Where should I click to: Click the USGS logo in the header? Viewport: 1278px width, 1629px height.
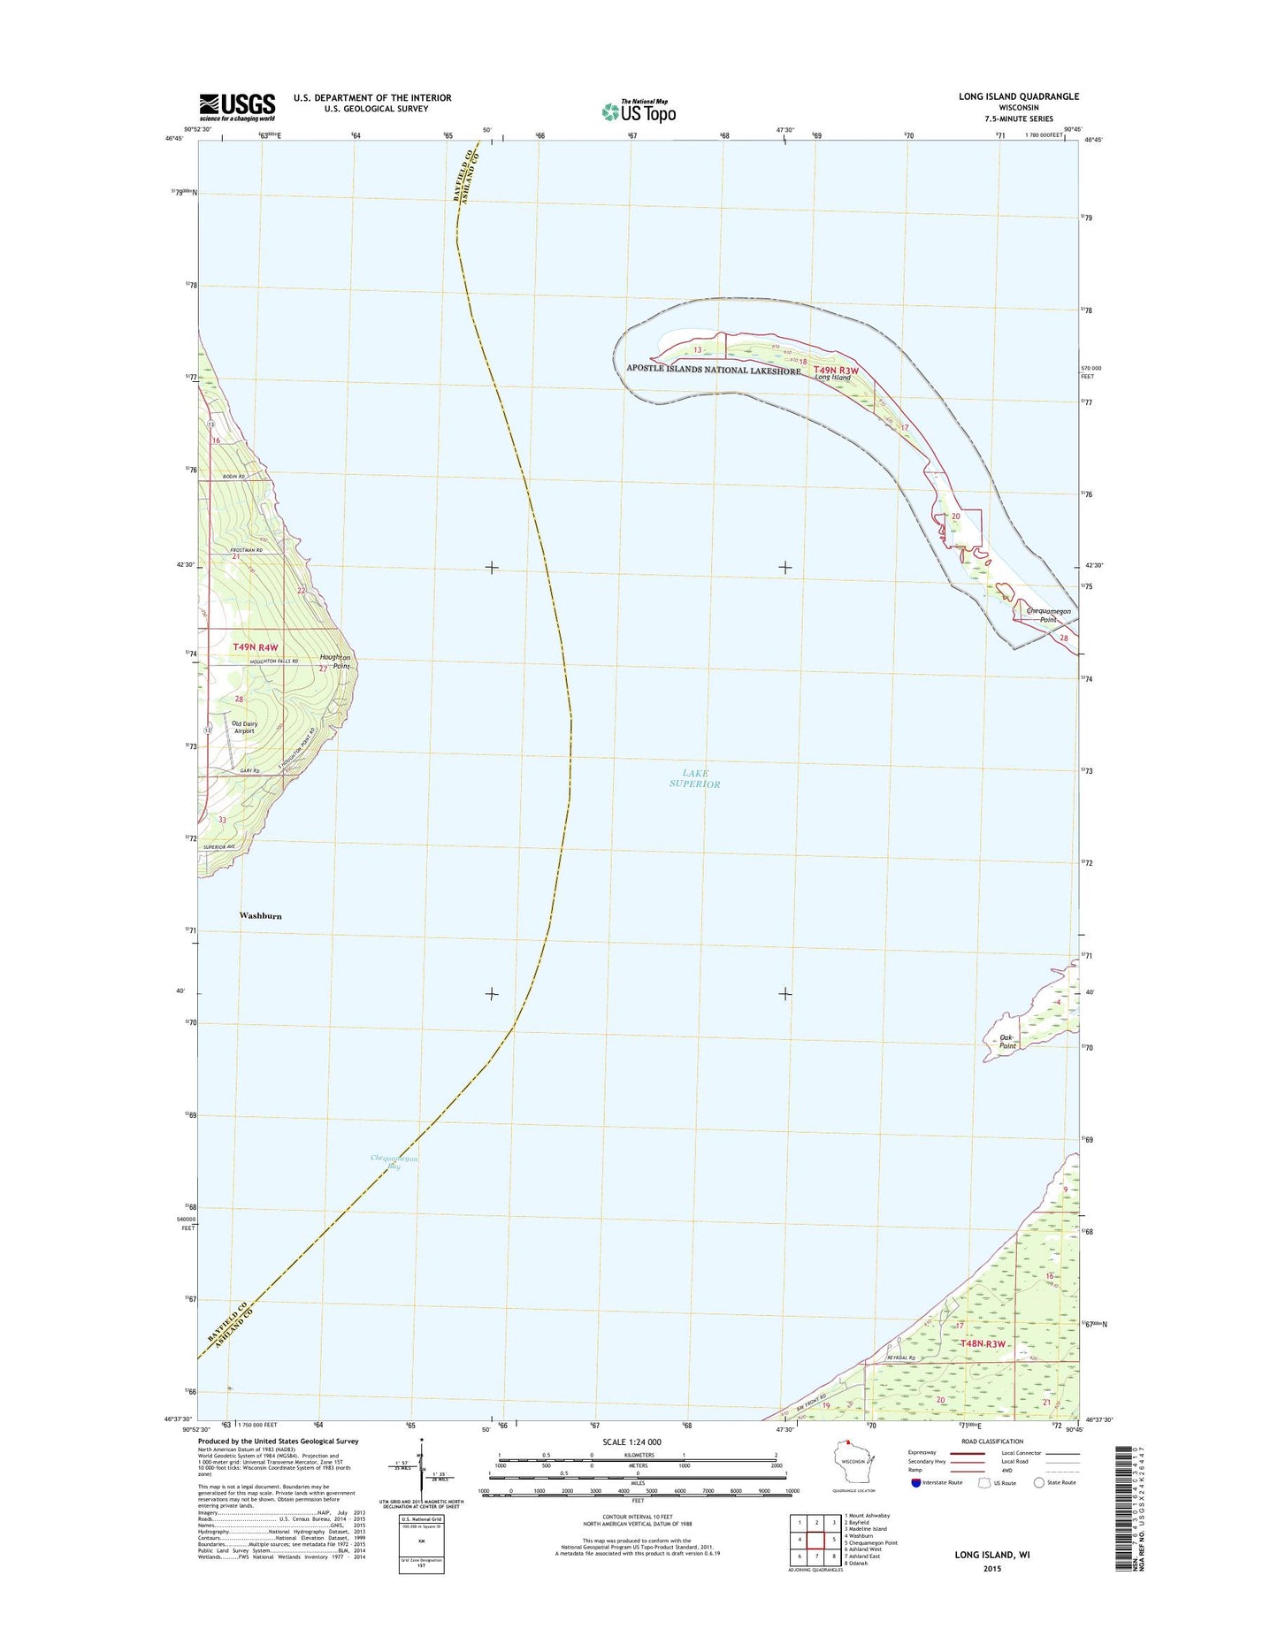(236, 107)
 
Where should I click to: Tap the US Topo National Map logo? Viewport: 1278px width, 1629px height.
(639, 111)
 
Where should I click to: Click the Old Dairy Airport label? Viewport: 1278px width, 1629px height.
(244, 727)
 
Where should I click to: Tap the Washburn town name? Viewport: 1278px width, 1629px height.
(260, 916)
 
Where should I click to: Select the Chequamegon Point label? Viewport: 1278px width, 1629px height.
(1048, 615)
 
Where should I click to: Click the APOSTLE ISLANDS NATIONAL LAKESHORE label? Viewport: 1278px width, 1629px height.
(713, 371)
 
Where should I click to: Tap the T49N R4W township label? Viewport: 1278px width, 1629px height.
(256, 647)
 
